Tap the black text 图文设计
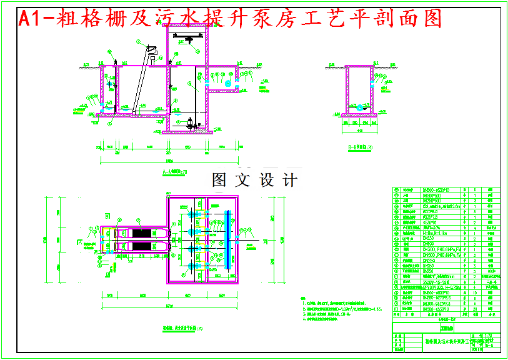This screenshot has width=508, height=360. tap(255, 180)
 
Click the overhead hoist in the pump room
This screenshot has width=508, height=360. tap(188, 41)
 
